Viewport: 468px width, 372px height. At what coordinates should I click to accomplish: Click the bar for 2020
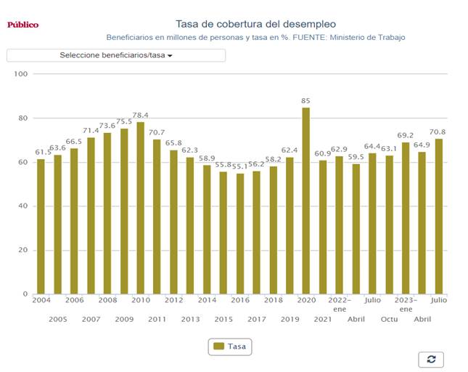coord(306,201)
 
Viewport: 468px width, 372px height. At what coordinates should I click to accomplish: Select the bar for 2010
coord(141,209)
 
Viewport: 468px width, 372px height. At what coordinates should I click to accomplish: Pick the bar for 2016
coord(240,234)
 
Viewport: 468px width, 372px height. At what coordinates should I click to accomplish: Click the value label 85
coord(306,101)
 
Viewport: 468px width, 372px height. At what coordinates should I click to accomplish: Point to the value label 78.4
coord(141,116)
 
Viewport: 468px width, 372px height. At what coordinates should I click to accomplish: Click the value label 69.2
coord(406,135)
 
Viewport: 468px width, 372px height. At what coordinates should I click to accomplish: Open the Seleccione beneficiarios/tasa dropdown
coord(116,55)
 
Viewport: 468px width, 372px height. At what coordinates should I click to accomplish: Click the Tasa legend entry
coord(229,347)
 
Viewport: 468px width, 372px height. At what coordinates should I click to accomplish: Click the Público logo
coord(23,25)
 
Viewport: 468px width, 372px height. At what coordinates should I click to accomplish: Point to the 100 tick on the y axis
coord(20,74)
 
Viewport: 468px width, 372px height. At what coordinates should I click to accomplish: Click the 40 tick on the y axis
coord(22,206)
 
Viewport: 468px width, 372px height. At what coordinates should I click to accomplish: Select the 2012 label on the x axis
coord(173,300)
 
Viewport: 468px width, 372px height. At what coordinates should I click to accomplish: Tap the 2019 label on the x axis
coord(290,319)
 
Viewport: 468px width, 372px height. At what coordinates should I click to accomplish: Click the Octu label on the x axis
coord(390,319)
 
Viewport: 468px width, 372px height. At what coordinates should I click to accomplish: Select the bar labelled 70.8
coord(438,217)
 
